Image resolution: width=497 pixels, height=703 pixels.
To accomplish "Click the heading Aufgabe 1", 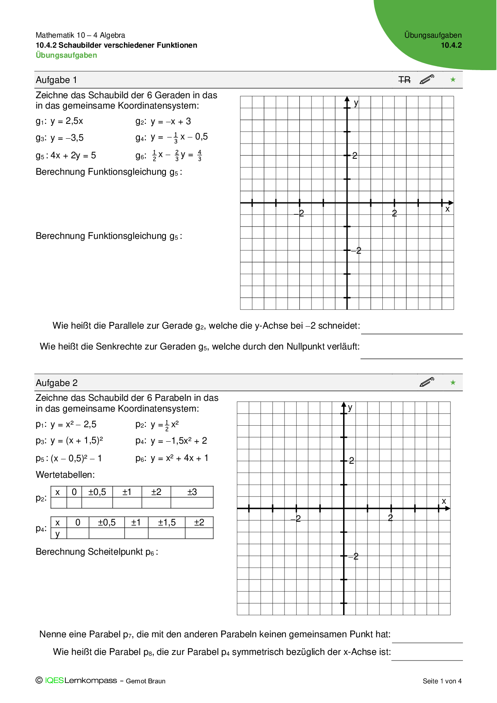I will click(56, 80).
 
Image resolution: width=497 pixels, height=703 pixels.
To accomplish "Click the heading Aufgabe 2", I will click(57, 383).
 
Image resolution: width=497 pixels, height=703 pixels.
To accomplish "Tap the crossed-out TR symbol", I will click(404, 80).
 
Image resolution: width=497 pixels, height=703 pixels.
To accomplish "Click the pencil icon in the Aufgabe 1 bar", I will click(427, 79).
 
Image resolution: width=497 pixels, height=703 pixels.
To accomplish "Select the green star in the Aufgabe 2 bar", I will click(453, 382).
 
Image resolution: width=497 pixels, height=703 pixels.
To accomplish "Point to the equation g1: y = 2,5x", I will click(59, 121).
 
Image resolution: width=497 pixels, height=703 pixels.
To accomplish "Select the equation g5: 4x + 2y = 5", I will click(66, 156).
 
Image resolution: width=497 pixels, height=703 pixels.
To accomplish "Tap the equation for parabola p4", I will click(171, 441).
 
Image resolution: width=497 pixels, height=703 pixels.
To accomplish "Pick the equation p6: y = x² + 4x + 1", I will click(172, 459).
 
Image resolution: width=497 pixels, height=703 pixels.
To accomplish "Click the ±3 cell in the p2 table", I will click(192, 492).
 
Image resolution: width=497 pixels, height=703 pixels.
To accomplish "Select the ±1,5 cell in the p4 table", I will click(167, 523).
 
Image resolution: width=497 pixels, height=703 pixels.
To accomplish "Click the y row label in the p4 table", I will click(58, 534).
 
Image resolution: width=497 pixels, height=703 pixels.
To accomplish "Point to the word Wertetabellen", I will click(65, 475).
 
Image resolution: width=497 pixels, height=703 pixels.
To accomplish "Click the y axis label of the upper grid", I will click(356, 103).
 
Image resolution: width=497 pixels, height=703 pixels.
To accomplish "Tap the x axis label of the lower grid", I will click(444, 501).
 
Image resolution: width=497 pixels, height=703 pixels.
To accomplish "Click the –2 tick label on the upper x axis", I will click(299, 213).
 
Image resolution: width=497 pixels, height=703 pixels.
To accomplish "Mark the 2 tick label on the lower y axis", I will click(352, 461).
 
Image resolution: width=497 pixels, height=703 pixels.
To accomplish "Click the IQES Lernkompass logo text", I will click(81, 681).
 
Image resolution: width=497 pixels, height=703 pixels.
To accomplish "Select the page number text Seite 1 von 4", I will click(442, 681).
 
